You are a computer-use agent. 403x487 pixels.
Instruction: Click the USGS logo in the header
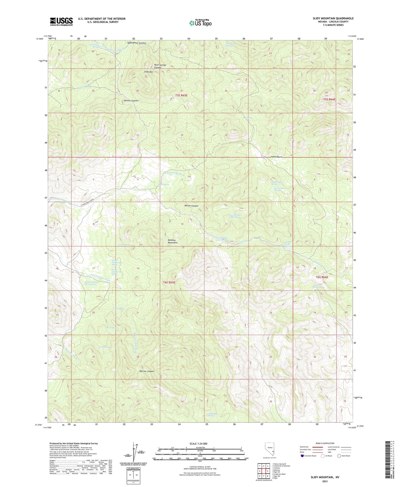click(61, 21)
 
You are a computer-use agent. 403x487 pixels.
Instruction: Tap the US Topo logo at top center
click(200, 23)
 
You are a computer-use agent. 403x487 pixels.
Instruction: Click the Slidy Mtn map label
click(148, 72)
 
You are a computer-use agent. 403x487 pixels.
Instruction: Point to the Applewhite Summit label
click(136, 43)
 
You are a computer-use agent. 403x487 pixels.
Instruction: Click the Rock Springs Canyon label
click(160, 66)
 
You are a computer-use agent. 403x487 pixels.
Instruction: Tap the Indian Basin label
click(276, 157)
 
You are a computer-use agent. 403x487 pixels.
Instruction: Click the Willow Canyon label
click(191, 206)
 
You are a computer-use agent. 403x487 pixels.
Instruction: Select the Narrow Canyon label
click(146, 371)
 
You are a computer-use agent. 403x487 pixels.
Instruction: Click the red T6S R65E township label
click(169, 282)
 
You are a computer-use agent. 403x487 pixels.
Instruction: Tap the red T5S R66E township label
click(329, 99)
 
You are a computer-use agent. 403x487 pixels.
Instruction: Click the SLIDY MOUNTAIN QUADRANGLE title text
click(333, 18)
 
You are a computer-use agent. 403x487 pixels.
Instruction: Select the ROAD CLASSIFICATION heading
click(325, 443)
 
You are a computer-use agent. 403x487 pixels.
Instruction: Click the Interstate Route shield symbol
click(302, 456)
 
